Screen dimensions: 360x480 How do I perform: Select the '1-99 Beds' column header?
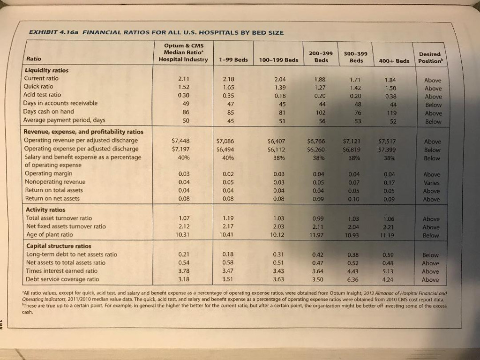[233, 60]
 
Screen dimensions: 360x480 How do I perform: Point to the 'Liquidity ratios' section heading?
[46, 70]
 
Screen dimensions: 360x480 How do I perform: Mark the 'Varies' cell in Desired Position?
[431, 183]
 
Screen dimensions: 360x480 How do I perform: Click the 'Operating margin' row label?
[48, 173]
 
